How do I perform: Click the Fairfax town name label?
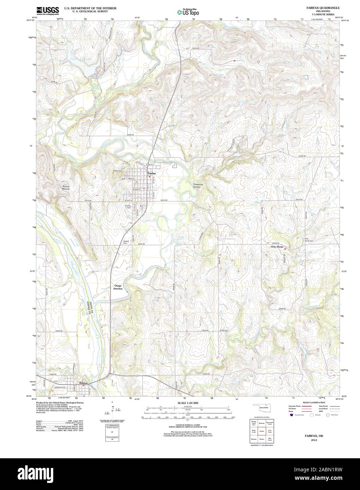(151, 173)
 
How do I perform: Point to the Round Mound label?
(66, 188)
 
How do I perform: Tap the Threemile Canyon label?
(196, 186)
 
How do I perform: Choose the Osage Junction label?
(118, 287)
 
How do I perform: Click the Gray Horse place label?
(277, 247)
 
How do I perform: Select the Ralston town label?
(83, 383)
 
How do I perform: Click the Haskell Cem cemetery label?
(125, 242)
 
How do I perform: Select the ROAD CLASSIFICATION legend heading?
(316, 402)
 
